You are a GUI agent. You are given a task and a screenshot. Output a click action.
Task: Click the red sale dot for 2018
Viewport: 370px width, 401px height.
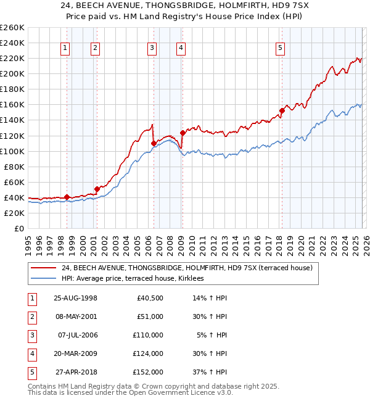pos(282,110)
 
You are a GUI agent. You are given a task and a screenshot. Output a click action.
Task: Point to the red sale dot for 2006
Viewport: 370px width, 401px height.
pos(154,143)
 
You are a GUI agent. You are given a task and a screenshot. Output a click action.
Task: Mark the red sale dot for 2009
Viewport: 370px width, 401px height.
pos(183,132)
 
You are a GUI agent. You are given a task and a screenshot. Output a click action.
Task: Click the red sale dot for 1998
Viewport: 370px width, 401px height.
pos(67,197)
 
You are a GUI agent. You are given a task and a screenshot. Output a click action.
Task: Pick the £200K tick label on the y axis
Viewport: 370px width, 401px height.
pos(12,73)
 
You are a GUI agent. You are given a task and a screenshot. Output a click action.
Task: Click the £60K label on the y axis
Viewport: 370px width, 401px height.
pos(14,182)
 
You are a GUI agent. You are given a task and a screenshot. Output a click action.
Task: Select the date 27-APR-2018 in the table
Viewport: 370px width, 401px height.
pos(75,372)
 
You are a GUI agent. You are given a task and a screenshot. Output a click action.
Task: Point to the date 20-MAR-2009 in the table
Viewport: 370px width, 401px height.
pos(75,353)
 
